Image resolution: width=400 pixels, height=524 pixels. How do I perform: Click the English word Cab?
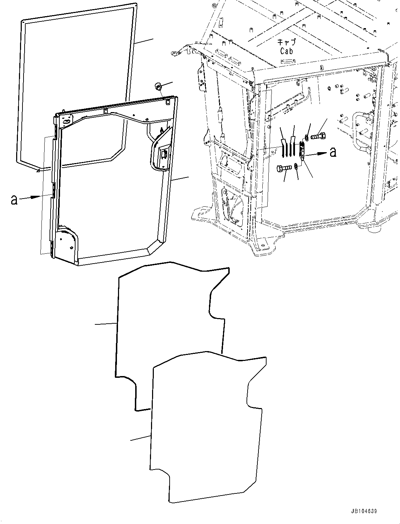(x=287, y=51)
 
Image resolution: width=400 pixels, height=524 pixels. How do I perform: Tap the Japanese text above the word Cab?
(x=287, y=42)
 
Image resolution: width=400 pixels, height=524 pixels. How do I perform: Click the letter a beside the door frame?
(x=14, y=200)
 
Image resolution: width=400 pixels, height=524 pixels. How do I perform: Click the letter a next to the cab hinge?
(x=333, y=152)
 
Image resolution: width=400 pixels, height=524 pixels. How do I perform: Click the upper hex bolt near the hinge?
(x=319, y=136)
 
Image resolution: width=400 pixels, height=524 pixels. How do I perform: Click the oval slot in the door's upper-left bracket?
(x=66, y=121)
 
